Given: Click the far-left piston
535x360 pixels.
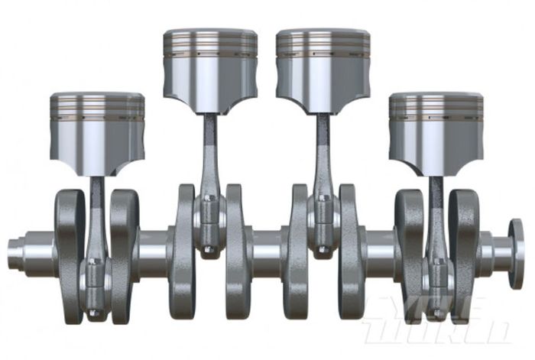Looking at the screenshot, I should [97, 134].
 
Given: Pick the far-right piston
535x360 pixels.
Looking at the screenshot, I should [436, 134].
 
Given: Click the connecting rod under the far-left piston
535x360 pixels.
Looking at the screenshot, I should [96, 222].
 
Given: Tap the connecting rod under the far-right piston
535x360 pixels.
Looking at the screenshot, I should [436, 222].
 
